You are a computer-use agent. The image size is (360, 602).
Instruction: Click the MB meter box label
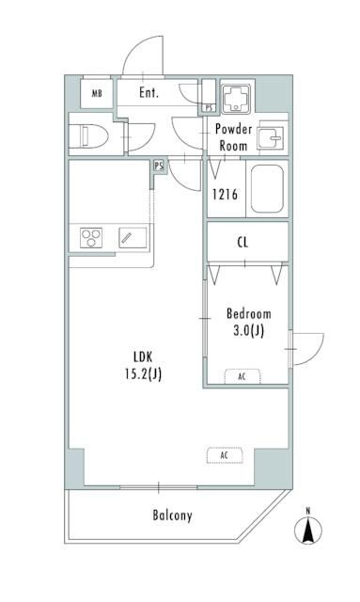pos(97,93)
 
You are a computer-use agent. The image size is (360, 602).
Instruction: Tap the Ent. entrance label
pos(149,92)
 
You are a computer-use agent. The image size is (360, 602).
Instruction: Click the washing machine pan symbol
pos(236,98)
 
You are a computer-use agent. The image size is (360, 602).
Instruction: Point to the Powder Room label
pos(233,137)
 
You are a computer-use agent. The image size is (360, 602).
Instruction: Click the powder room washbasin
pos(271,137)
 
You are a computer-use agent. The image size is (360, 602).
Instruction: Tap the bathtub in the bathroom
pos(267,189)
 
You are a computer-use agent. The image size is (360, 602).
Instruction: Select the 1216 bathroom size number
pos(225,194)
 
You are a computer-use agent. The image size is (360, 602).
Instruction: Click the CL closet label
pos(243,243)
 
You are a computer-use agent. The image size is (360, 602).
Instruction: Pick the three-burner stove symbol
pos(91,238)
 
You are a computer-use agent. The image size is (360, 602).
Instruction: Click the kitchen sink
pos(133,238)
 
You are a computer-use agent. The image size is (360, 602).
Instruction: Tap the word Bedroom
pos(249,313)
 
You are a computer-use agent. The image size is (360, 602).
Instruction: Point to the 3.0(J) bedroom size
pos(249,330)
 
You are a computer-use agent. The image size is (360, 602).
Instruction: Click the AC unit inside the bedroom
pos(243,376)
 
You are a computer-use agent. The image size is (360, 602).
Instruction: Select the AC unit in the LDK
pos(225,455)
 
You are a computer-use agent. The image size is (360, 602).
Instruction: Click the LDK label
pos(143,357)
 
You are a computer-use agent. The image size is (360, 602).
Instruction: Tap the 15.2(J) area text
pos(143,374)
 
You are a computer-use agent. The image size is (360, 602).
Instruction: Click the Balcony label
pos(172,515)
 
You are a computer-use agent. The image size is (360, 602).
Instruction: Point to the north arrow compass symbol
pos(308,529)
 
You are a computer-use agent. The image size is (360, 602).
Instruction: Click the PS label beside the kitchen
pos(159,166)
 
